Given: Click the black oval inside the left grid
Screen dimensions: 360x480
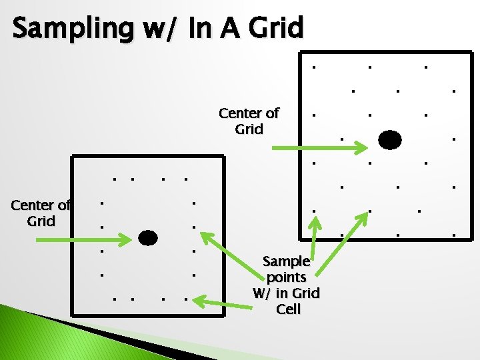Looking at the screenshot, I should tap(147, 237).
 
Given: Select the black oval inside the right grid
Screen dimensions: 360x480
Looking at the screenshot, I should tap(390, 140).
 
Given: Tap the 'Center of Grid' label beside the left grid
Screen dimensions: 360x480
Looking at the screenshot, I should tap(41, 213).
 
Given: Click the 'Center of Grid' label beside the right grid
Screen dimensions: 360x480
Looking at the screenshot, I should tap(249, 121).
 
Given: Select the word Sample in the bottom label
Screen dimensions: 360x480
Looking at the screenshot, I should tap(286, 261).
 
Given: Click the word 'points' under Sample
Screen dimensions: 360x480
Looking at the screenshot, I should tap(286, 277).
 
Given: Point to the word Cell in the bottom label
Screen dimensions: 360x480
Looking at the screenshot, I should tap(288, 309).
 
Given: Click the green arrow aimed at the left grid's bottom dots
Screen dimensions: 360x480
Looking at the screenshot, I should tap(219, 303).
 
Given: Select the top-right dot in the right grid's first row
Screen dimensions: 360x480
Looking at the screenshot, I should tap(426, 67).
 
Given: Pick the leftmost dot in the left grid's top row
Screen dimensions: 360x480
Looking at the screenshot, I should tap(115, 179).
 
